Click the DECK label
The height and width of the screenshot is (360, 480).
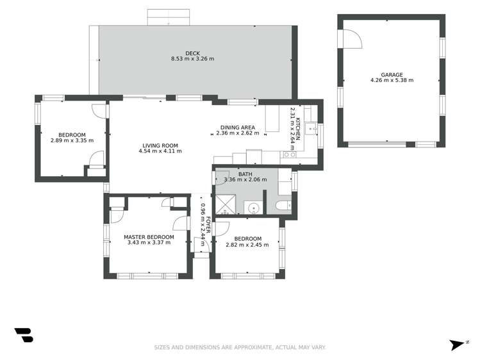point(192,54)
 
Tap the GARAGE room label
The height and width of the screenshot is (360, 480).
point(392,75)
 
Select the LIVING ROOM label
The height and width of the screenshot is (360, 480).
point(160,145)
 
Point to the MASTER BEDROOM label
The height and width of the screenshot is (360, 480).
point(149,237)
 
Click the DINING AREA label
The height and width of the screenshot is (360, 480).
point(238,127)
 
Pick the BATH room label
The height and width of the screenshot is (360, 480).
point(245,174)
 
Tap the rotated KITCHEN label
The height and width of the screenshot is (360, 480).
point(298,129)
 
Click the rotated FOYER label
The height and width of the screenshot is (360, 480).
point(208,225)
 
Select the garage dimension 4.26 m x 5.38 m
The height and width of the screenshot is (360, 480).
point(392,81)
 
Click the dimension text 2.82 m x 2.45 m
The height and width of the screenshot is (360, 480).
point(247,245)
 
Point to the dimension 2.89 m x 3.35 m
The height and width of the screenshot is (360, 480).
point(72,141)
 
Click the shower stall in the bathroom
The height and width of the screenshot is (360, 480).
point(226,204)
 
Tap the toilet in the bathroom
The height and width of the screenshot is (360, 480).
point(283,205)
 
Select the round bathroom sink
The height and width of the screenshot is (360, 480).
point(254,209)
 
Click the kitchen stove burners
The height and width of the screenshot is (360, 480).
point(290,154)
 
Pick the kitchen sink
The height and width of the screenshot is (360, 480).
point(312,129)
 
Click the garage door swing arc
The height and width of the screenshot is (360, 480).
point(356,36)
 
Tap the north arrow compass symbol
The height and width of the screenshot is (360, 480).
point(458,345)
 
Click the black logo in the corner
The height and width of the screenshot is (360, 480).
point(24,335)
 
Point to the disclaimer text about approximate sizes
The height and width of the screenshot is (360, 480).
point(240,347)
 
